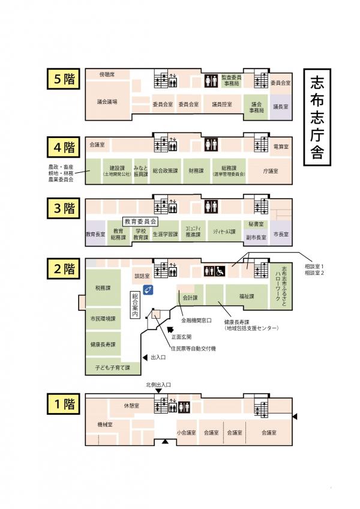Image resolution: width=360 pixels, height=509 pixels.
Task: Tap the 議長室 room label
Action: (280, 106)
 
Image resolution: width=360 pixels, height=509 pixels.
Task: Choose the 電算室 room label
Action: (280, 146)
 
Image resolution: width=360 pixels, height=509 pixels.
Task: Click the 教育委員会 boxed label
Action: (140, 221)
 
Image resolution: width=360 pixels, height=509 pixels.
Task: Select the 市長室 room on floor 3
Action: (280, 234)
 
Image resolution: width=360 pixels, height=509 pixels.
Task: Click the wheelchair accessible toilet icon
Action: (220, 271)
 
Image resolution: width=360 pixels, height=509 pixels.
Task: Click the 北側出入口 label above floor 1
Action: (158, 384)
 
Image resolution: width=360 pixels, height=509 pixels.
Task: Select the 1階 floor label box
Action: (61, 405)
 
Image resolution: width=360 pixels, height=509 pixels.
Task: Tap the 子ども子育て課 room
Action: (109, 366)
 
